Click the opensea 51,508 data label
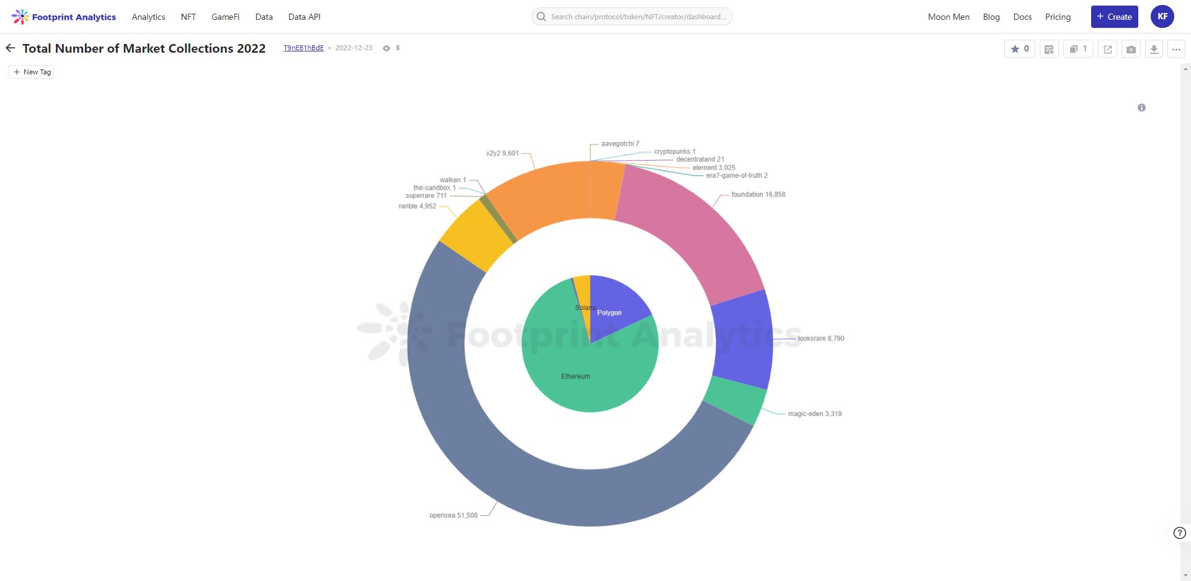coord(453,515)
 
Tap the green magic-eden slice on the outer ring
coord(736,399)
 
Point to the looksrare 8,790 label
coord(821,339)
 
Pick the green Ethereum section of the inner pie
coord(577,372)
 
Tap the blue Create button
coord(1114,17)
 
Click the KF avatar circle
coord(1162,17)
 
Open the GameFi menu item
coord(225,17)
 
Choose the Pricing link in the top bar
coord(1058,17)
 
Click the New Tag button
coord(32,72)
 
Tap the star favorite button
coord(1019,49)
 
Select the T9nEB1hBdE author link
coord(303,48)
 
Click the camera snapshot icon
coord(1131,49)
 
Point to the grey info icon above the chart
coord(1141,108)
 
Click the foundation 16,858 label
coord(758,195)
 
